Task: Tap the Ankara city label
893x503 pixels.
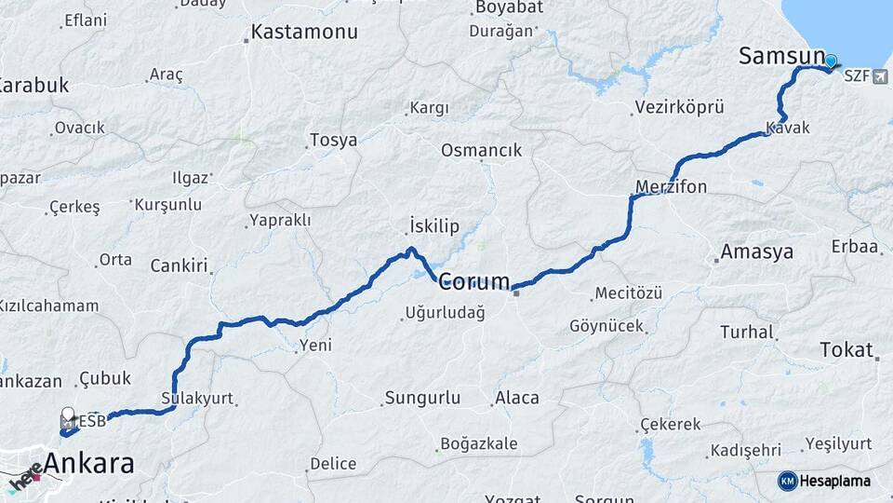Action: point(89,463)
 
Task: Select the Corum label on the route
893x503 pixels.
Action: point(474,280)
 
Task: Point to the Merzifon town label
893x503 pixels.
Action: point(671,187)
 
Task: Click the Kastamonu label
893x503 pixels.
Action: point(305,33)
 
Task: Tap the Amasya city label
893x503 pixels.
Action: point(757,251)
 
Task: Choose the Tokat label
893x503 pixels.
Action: point(846,350)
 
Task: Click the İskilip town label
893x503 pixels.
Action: point(434,225)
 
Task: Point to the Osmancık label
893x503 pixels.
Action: point(482,150)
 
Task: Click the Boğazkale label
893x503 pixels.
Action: point(479,443)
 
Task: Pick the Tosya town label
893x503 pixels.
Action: point(333,141)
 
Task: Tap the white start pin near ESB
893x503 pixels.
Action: point(68,415)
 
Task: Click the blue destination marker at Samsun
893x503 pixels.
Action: point(831,62)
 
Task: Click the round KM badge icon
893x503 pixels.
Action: point(787,481)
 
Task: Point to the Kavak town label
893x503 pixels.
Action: point(788,128)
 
